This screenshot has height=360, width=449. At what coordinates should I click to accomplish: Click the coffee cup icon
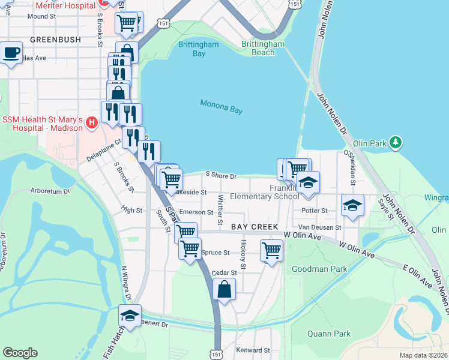[11, 53]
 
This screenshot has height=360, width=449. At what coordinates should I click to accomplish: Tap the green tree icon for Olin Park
[395, 142]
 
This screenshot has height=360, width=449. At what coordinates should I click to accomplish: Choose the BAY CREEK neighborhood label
[255, 227]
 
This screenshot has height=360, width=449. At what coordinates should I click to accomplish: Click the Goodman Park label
[319, 269]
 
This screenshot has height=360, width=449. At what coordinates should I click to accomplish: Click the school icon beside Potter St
[352, 205]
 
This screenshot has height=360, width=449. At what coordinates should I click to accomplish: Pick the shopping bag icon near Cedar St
[224, 289]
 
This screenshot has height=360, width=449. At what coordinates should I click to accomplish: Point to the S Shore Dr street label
[221, 176]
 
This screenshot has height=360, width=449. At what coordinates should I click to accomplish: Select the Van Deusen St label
[320, 227]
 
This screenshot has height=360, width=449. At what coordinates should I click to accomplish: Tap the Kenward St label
[253, 350]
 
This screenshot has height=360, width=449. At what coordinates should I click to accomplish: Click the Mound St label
[41, 16]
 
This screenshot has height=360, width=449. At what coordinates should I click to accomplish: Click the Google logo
[20, 353]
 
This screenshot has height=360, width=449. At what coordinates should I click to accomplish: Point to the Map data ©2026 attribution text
[423, 355]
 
